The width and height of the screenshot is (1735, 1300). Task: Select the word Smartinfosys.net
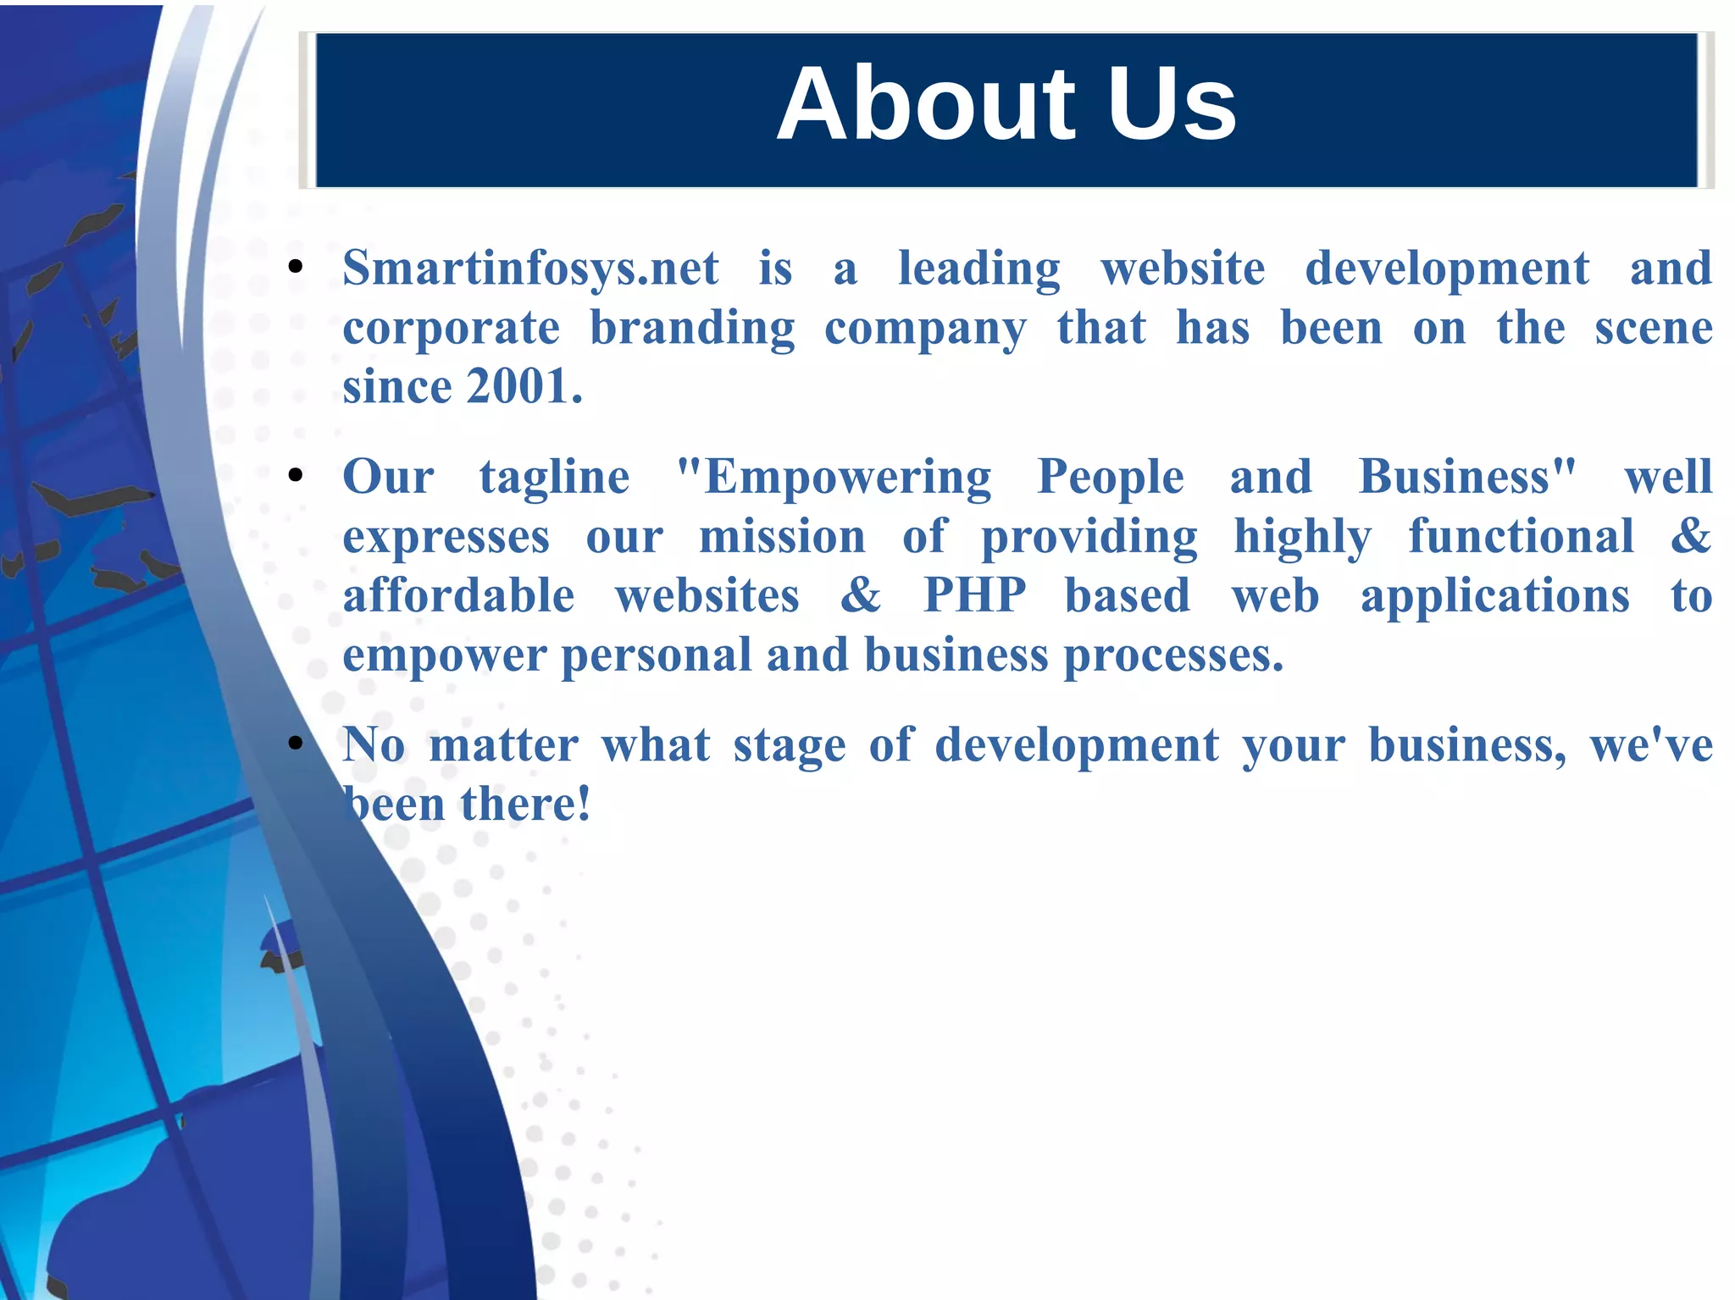tap(530, 269)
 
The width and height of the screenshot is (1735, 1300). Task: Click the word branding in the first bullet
tap(692, 329)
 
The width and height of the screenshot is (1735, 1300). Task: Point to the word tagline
tap(555, 478)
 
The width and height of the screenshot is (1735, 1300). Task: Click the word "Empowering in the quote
tap(834, 478)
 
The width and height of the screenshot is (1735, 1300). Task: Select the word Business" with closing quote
tap(1467, 478)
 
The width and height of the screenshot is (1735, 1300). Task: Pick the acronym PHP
tap(974, 596)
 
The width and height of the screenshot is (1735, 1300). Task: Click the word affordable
tap(458, 596)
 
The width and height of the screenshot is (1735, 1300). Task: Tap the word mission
tap(782, 537)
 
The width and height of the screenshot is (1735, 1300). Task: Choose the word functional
tap(1521, 537)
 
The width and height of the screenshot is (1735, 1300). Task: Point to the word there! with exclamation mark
tap(525, 805)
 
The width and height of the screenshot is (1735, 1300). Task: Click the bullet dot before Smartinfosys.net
tap(296, 268)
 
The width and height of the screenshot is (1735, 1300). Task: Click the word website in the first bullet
tap(1183, 269)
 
